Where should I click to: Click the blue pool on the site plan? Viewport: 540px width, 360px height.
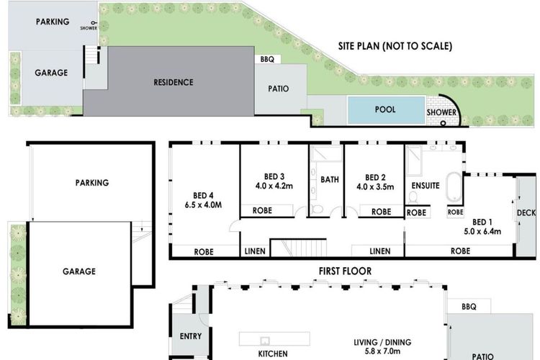pos(386,110)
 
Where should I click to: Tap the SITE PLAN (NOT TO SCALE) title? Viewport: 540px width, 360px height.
pos(395,46)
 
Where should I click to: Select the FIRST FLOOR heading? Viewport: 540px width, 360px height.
pos(345,271)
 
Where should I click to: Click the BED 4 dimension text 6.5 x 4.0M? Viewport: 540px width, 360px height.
pos(203,205)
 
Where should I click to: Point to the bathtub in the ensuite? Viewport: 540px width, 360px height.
pos(454,186)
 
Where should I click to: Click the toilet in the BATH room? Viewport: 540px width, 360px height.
pos(316,209)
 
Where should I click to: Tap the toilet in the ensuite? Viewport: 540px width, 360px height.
pos(413,197)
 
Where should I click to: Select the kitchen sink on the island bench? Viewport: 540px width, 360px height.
pos(264,341)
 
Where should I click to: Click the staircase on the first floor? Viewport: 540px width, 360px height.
pos(298,248)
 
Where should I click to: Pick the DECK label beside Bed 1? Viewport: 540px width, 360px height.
pos(526,213)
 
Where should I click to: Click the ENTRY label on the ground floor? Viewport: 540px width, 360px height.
pos(191,336)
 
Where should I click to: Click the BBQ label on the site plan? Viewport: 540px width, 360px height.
pos(267,59)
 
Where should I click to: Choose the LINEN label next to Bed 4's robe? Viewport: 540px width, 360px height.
pos(255,251)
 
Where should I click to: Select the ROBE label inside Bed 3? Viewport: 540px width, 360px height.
pos(262,210)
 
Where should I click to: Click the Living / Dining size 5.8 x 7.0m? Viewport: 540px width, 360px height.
pos(382,351)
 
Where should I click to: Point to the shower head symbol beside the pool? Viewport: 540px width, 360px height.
pos(444,123)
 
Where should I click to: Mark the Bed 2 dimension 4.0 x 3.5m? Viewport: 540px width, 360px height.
pos(375,186)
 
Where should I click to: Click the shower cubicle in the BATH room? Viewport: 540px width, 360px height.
pos(325,153)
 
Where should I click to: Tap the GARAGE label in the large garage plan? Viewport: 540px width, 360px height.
pos(79,271)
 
